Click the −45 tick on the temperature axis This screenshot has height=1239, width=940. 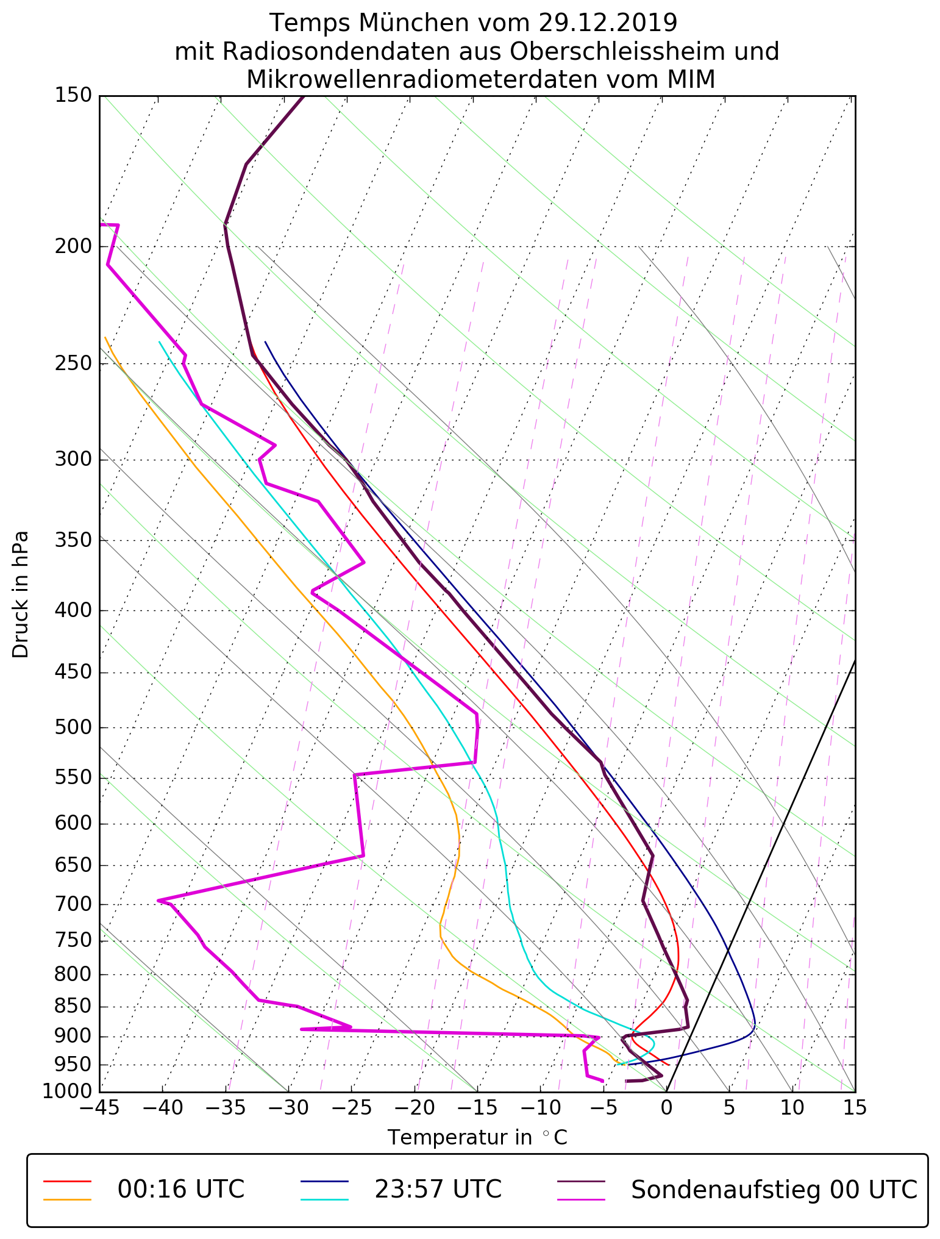(100, 1107)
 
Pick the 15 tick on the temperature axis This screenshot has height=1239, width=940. (855, 1107)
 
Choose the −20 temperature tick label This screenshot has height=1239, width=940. (415, 1107)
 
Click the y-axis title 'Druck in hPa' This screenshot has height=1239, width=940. (21, 595)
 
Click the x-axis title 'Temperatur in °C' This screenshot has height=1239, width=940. (477, 1138)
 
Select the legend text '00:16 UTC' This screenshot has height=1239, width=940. (180, 1190)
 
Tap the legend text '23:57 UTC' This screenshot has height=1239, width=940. (438, 1190)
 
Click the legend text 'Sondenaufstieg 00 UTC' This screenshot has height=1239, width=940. (774, 1190)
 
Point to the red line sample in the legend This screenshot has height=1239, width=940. (67, 1180)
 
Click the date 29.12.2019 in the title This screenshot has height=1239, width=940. (608, 23)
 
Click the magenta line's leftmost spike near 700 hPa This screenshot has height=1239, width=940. (158, 900)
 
